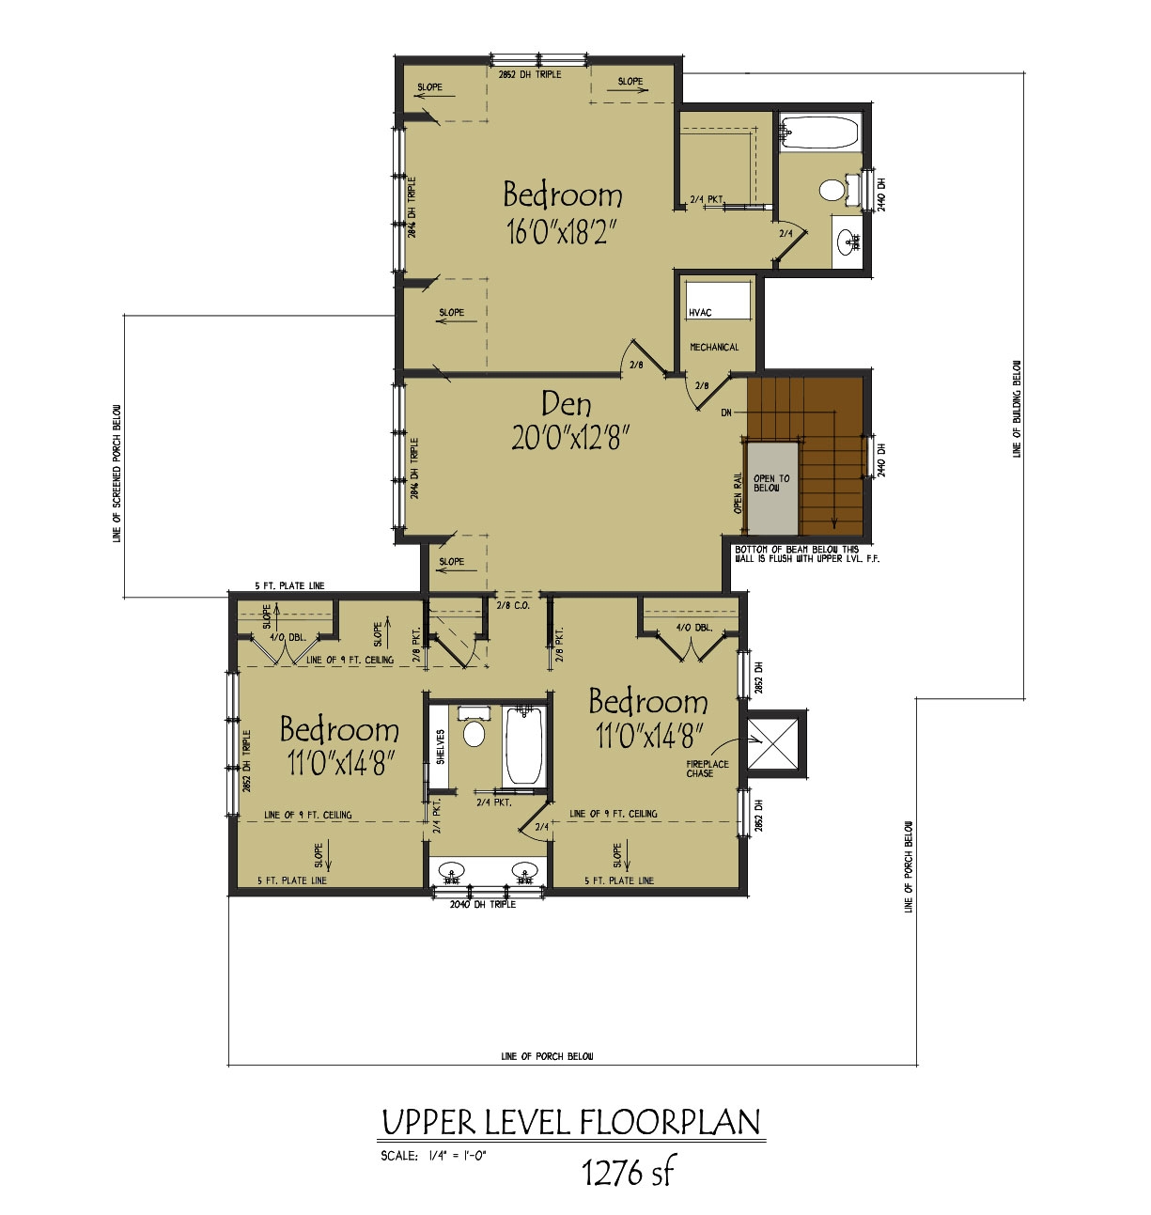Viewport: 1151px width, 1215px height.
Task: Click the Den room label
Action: pyautogui.click(x=567, y=404)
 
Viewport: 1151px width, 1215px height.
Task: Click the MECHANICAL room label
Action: pyautogui.click(x=714, y=348)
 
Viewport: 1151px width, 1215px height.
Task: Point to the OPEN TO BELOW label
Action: pyautogui.click(x=771, y=483)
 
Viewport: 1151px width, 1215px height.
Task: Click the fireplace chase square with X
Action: pyautogui.click(x=774, y=742)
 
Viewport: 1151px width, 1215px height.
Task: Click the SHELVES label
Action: pyautogui.click(x=440, y=748)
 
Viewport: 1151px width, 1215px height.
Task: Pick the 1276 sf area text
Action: pyautogui.click(x=628, y=1172)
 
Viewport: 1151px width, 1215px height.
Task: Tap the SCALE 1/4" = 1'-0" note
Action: pyautogui.click(x=433, y=1156)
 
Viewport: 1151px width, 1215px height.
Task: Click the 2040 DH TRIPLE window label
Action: pyautogui.click(x=483, y=904)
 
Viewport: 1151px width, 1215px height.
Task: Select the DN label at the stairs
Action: pyautogui.click(x=726, y=413)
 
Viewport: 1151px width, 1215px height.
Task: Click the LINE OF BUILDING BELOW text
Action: pyautogui.click(x=1017, y=409)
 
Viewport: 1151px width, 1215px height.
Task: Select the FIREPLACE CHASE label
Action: pyautogui.click(x=707, y=769)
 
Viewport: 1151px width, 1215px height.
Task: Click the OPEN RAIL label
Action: pyautogui.click(x=738, y=492)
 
